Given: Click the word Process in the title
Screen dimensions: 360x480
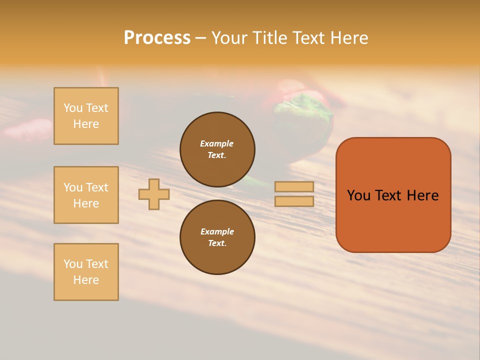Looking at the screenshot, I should point(157,38).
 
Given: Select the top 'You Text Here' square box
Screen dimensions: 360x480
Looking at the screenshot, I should point(86,116).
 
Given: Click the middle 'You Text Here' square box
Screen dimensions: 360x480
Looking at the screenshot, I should point(86,195).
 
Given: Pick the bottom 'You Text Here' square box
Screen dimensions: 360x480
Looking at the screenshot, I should point(86,271).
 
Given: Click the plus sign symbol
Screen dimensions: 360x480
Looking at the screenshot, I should point(154,194).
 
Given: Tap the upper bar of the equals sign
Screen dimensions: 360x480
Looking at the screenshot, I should point(294,186).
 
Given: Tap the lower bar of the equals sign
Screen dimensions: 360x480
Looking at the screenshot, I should point(294,201).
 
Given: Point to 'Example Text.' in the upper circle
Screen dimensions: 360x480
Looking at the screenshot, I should point(217,149).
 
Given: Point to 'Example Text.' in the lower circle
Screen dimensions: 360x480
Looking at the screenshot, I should point(217,237).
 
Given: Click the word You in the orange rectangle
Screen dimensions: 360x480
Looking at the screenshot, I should point(358,195).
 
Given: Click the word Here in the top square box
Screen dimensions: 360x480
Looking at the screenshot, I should point(86,124).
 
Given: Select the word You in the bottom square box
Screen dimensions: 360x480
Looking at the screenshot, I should point(73,264).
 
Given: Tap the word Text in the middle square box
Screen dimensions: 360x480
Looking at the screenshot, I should point(96,187).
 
